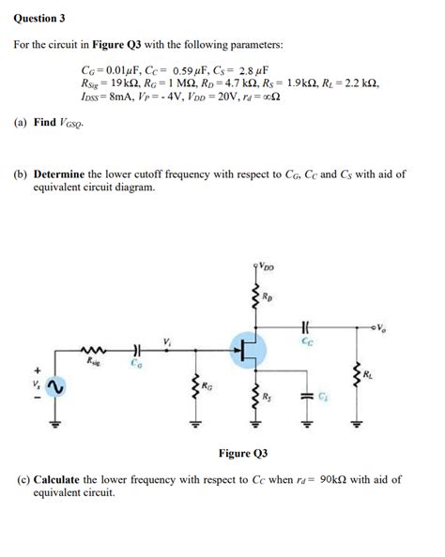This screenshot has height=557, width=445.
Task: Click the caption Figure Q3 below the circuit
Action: (x=243, y=453)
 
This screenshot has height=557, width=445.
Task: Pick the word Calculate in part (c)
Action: (x=61, y=479)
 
